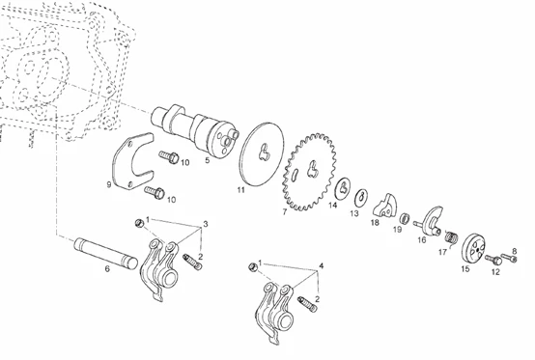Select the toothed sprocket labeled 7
click(x=309, y=172)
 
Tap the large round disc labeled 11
click(x=262, y=154)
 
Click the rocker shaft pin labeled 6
click(x=106, y=253)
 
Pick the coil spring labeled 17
click(x=452, y=236)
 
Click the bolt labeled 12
click(x=493, y=260)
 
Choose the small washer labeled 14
click(x=343, y=188)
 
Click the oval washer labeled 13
click(x=361, y=198)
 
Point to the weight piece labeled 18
click(x=385, y=206)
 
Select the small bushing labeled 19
click(x=404, y=218)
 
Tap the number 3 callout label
click(x=206, y=224)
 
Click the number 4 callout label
click(x=322, y=265)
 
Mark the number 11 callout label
click(x=241, y=190)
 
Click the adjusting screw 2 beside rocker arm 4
click(x=307, y=304)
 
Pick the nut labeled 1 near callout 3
click(x=138, y=223)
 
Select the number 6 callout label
click(x=107, y=269)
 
